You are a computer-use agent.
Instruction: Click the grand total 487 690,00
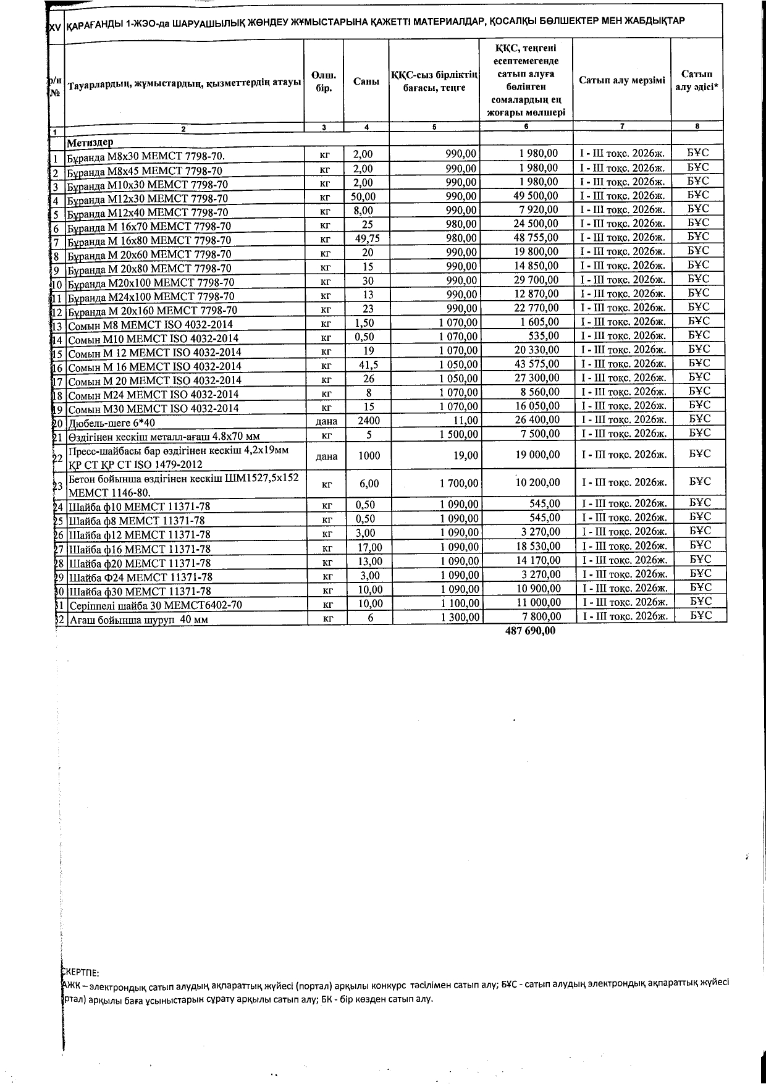point(530,631)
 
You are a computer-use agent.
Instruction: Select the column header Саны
point(366,81)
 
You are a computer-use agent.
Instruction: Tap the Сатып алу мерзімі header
point(622,80)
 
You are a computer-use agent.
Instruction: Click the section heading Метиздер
point(90,142)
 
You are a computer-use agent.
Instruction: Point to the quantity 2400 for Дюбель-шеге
point(369,421)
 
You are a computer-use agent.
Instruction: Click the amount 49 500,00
point(536,196)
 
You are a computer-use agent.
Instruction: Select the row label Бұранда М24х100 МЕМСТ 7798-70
point(151,296)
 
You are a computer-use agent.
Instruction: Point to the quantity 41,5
point(369,365)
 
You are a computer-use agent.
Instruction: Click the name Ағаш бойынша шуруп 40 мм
point(139,620)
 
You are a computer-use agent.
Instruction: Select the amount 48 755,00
point(536,238)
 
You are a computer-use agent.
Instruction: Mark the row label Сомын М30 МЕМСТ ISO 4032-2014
point(153,408)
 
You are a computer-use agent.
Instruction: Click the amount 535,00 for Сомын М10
point(544,336)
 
